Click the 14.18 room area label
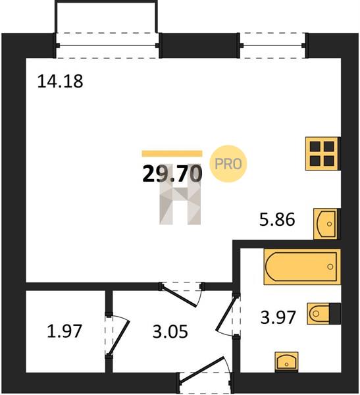tap(60, 81)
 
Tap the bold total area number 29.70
tap(172, 174)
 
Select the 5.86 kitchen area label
tap(277, 219)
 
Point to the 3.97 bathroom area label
tap(278, 317)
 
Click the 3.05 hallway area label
tap(170, 331)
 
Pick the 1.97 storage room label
tap(64, 331)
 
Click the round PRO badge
tap(228, 164)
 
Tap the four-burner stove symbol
tap(322, 153)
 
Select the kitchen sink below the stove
tap(326, 224)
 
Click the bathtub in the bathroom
tap(302, 267)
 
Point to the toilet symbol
tap(324, 313)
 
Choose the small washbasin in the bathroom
tap(286, 361)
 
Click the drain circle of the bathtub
tap(330, 267)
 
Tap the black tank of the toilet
tap(335, 313)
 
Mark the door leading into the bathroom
tap(226, 313)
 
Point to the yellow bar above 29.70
tap(172, 153)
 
